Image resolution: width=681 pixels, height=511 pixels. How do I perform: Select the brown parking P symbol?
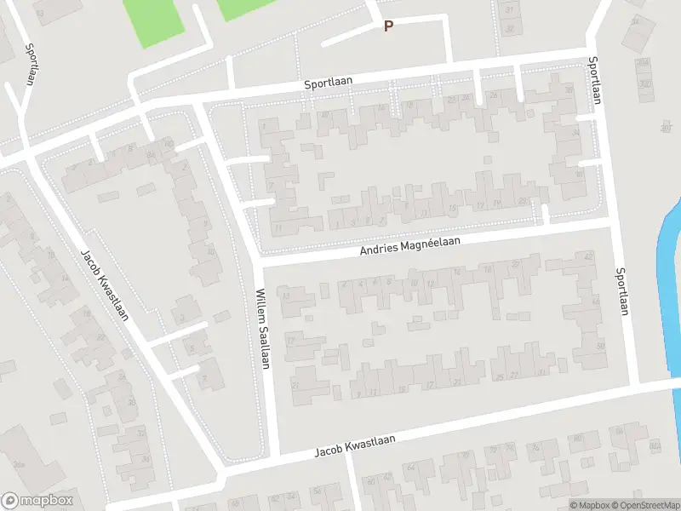[388, 26]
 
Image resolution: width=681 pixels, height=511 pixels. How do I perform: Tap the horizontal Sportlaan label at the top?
[329, 82]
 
